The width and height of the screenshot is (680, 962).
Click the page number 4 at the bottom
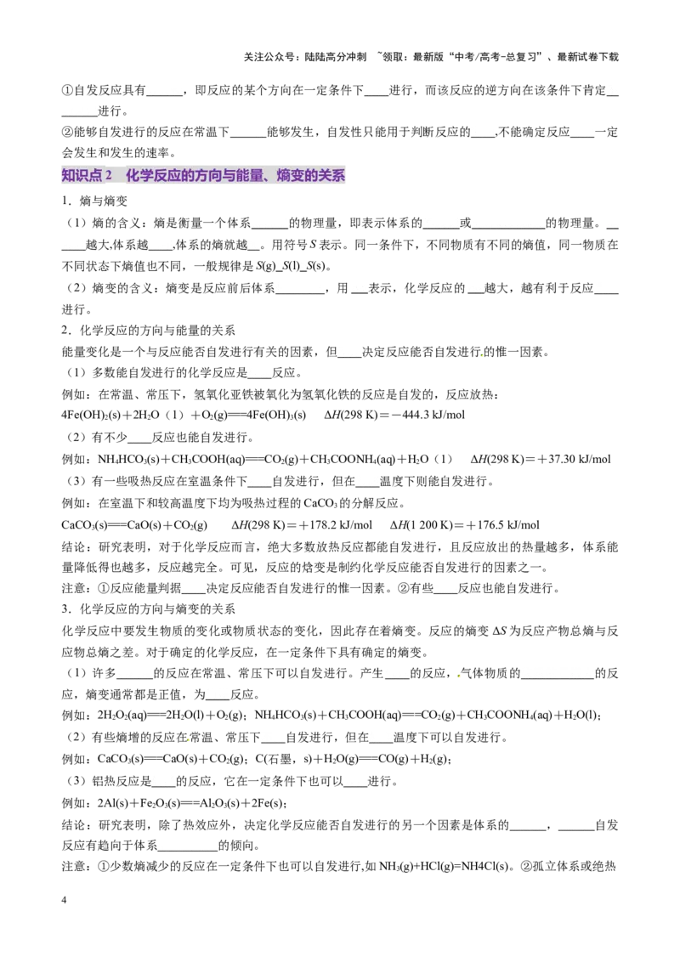(64, 900)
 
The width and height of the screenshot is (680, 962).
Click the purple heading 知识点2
(88, 175)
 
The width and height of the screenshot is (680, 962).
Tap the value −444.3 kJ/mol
(431, 415)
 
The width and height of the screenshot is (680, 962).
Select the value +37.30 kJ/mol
(574, 459)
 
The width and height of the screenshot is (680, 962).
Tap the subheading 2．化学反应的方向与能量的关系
(148, 330)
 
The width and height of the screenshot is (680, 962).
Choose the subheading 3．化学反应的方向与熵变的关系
(148, 608)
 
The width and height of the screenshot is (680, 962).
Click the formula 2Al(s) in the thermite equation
(112, 803)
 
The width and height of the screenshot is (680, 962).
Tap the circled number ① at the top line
(67, 90)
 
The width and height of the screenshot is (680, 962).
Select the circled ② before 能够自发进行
(67, 132)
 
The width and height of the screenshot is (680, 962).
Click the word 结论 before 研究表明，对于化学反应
(73, 546)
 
